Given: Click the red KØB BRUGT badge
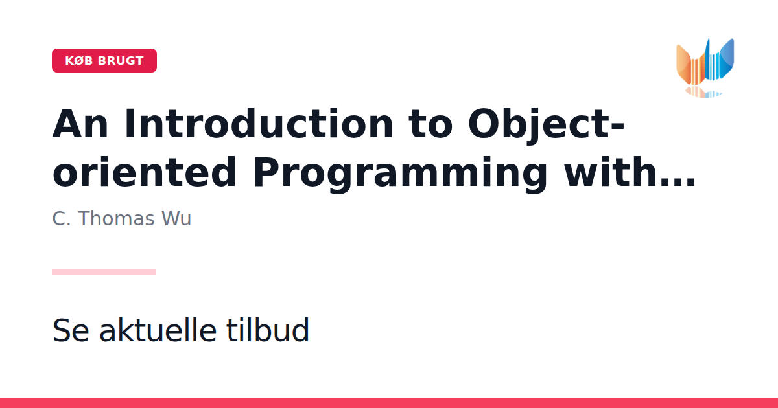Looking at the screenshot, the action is point(104,61).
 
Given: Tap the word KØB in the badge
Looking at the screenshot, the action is point(79,61).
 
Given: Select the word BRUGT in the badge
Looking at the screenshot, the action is point(121,61).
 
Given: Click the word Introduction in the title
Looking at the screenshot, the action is point(259,124).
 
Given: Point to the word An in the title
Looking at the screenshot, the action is point(80,124).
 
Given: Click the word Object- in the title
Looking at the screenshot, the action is point(546,126).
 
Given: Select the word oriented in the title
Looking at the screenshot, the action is point(144,172).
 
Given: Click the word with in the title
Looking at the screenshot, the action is point(611,172).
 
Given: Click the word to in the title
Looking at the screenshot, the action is point(430,124).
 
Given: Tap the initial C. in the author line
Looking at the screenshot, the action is point(62,219).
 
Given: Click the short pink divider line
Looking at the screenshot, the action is point(104,272).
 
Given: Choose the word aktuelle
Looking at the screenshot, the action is point(158,330).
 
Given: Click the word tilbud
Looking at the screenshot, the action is point(267,330).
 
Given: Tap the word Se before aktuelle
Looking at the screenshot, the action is point(71,330).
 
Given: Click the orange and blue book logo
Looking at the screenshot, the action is point(705,67).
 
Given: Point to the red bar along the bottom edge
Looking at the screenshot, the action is point(389,403).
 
